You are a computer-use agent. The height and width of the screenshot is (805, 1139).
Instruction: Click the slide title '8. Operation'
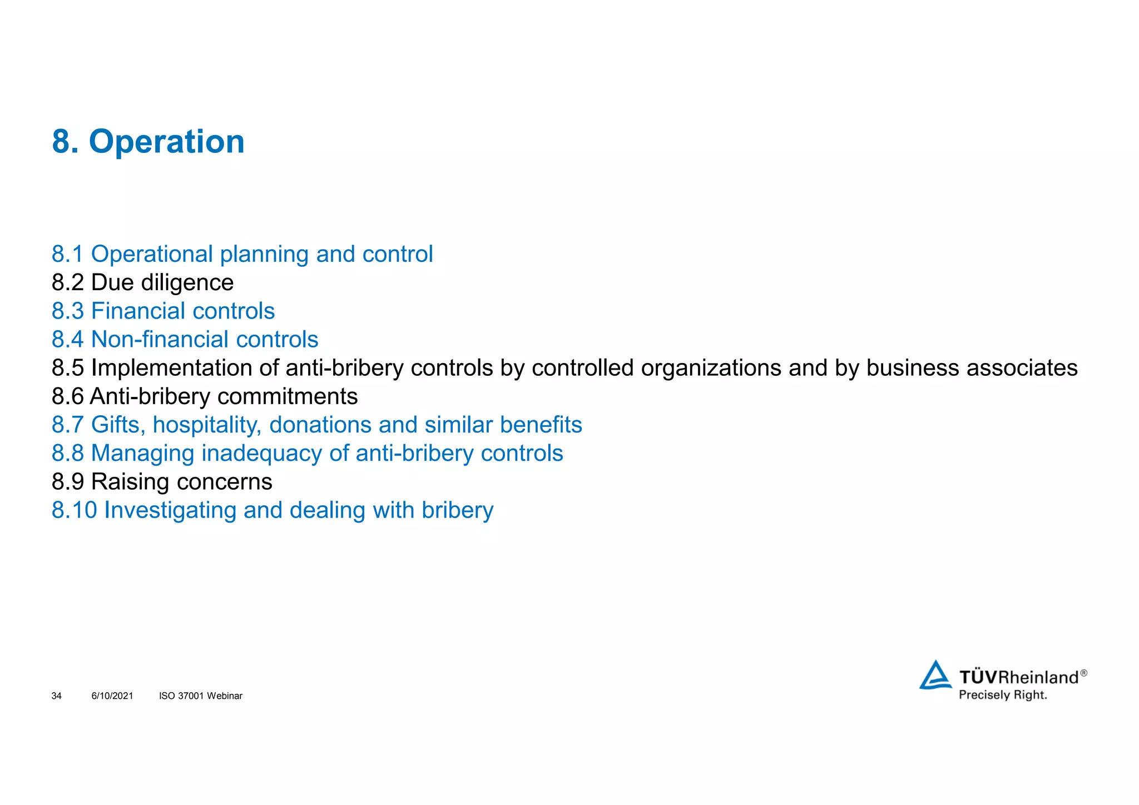[x=148, y=142]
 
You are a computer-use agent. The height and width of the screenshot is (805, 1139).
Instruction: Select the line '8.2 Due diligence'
[x=142, y=283]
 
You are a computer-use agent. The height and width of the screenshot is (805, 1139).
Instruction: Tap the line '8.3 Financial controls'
[x=163, y=311]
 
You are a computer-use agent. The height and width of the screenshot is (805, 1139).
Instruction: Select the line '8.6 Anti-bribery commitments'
[x=205, y=397]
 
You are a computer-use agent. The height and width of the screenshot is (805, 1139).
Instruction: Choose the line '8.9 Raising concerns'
[x=162, y=482]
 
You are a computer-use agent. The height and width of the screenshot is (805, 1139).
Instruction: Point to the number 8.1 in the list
[x=67, y=255]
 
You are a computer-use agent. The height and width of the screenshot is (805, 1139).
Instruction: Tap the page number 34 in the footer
[x=56, y=696]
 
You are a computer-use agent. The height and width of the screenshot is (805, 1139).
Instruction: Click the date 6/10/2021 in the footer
[x=112, y=696]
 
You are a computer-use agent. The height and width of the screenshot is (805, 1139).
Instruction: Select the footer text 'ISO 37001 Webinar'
[x=201, y=696]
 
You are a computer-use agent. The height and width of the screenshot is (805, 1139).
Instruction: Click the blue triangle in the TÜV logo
[x=935, y=675]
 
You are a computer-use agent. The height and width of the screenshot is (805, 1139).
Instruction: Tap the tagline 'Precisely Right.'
[x=1003, y=695]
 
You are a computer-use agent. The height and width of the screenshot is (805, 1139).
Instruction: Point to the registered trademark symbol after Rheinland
[x=1083, y=673]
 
